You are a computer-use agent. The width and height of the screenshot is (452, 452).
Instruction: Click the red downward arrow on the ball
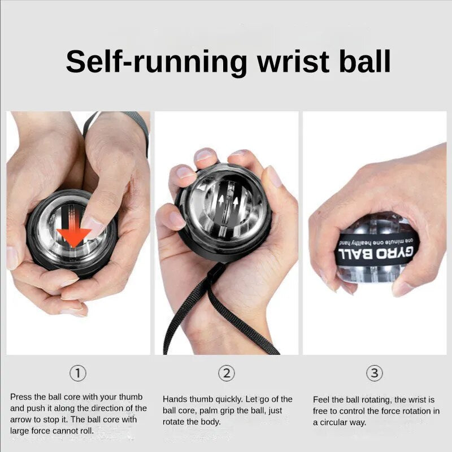(74, 232)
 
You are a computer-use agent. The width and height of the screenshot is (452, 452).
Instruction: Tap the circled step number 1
(78, 373)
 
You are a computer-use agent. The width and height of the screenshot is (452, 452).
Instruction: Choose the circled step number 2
(227, 373)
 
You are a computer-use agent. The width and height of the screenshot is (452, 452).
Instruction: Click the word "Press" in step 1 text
(21, 397)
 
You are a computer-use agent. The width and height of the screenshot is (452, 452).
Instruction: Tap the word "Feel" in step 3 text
(321, 399)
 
